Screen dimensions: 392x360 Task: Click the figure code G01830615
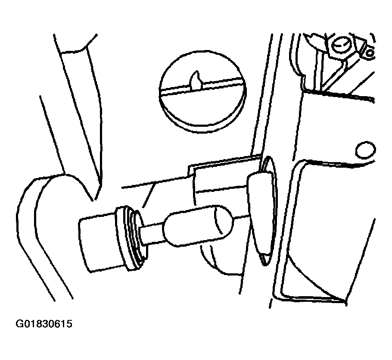point(44,324)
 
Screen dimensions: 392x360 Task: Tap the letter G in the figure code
point(19,324)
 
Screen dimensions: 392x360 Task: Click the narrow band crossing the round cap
point(202,86)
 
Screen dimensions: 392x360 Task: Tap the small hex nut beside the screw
point(369,53)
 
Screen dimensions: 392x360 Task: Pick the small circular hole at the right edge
point(365,150)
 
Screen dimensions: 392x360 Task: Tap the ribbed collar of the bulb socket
point(131,238)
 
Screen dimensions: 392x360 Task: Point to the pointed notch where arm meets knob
point(93,200)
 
